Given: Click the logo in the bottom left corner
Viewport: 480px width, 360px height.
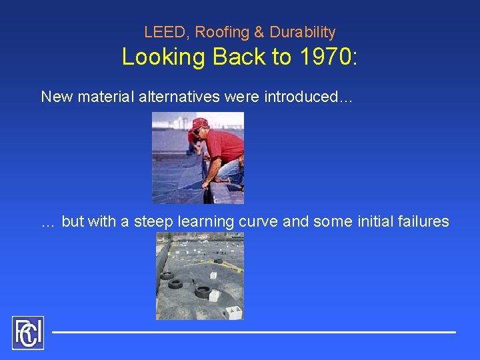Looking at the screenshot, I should point(28,333).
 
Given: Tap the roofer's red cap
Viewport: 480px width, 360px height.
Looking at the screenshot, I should point(199,124).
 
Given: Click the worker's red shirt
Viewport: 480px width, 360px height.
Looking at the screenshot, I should point(225,146).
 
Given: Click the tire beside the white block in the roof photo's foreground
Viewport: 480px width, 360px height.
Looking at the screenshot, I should point(202,292).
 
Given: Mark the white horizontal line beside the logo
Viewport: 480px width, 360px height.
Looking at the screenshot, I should point(253,331).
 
